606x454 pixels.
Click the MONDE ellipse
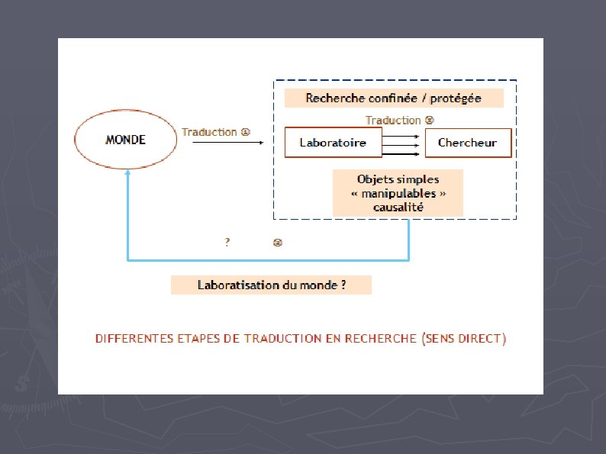(x=125, y=140)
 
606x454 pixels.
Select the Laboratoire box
(x=332, y=143)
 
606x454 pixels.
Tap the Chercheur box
(x=467, y=143)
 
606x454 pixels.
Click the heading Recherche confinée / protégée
(x=393, y=98)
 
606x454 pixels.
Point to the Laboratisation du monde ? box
(x=271, y=285)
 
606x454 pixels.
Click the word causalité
(x=398, y=207)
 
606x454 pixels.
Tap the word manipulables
(x=398, y=193)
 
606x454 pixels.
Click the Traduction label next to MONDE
(x=209, y=132)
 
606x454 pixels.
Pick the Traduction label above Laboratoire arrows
(x=393, y=120)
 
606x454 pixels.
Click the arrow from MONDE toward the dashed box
(x=227, y=143)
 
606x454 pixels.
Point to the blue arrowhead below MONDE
(x=127, y=173)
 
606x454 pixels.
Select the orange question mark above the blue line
(x=227, y=243)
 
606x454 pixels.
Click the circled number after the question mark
(x=278, y=243)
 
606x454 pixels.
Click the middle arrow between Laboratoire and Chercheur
(x=399, y=143)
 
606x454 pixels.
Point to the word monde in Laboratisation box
(x=320, y=285)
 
